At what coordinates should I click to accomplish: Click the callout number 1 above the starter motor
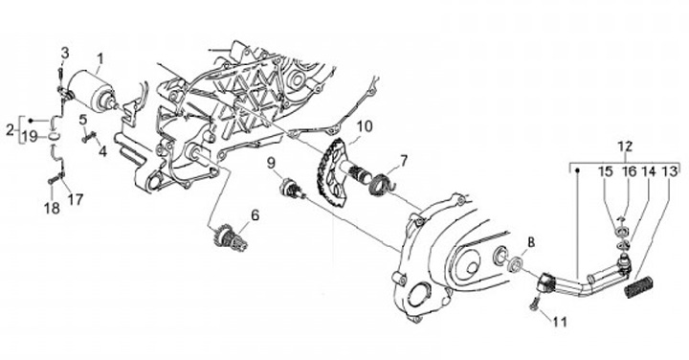[x=100, y=58]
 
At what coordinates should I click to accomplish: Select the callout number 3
[x=65, y=54]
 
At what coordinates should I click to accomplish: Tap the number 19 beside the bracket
[x=30, y=137]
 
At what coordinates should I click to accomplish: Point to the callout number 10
[x=365, y=126]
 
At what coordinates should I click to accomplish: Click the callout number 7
[x=404, y=161]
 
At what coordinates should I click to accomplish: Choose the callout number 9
[x=271, y=163]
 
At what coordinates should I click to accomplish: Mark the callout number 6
[x=255, y=215]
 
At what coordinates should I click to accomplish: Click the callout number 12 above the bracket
[x=625, y=146]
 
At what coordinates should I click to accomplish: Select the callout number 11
[x=560, y=322]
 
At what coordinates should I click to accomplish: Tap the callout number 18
[x=52, y=208]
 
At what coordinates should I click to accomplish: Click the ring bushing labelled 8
[x=515, y=264]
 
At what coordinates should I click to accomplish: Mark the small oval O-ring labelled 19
[x=54, y=137]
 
